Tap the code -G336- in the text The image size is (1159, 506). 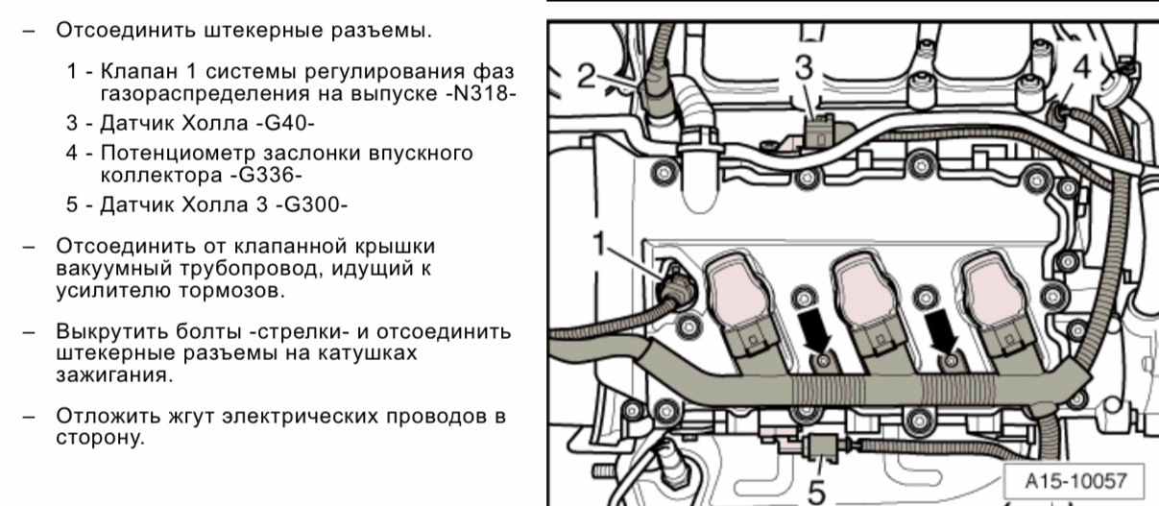tap(266, 175)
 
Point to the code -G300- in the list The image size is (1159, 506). tap(311, 205)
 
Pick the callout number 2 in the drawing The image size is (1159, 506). tap(588, 76)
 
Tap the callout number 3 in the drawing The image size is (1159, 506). tap(804, 68)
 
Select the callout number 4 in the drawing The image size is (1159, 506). tap(1081, 68)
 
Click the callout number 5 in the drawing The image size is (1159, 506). tap(816, 492)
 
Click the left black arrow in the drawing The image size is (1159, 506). tap(814, 331)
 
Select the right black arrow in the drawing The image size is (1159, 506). tap(941, 331)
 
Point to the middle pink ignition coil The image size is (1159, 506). tap(869, 310)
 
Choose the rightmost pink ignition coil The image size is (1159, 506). tap(996, 310)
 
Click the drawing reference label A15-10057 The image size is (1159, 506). tap(1075, 481)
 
